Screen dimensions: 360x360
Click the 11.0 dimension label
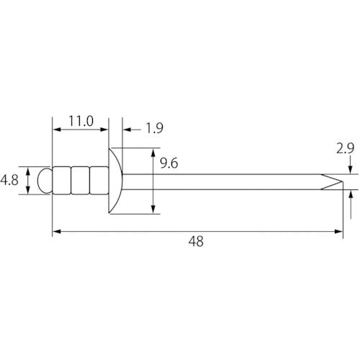(81, 121)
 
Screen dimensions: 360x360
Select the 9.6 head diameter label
(169, 163)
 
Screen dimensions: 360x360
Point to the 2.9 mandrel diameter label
(345, 148)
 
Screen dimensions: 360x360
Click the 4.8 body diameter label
(9, 180)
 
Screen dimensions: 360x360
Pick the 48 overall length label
(196, 241)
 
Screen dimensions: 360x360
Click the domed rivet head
(115, 181)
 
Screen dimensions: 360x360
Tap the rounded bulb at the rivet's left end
(45, 181)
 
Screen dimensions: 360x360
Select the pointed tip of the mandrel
(341, 181)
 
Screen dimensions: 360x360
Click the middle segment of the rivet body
(80, 181)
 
